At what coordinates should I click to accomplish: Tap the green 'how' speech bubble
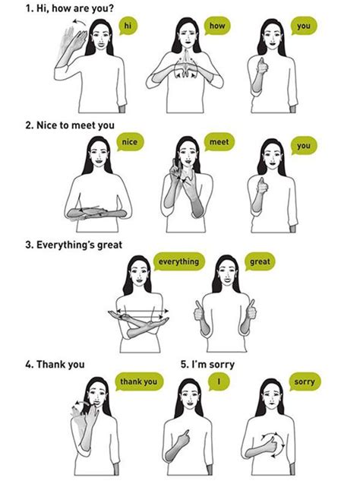[x=216, y=27]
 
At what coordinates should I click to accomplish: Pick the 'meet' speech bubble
[x=219, y=142]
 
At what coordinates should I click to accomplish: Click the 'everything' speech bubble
[x=178, y=261]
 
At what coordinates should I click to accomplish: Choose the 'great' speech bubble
[x=259, y=261]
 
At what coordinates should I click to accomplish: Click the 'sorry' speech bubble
[x=304, y=381]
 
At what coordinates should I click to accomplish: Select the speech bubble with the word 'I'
[x=219, y=381]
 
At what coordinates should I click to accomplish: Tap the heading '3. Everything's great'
[x=74, y=244]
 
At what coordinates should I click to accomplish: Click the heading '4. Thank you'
[x=54, y=364]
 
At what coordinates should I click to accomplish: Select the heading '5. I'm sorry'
[x=208, y=364]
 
